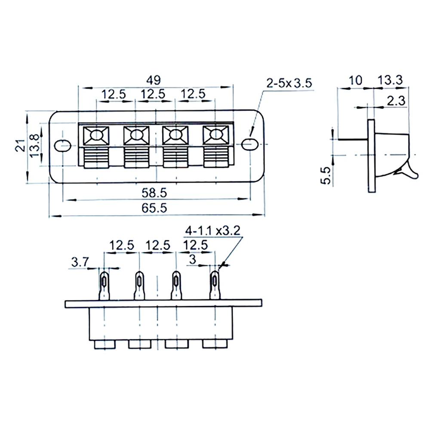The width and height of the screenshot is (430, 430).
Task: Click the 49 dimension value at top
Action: (x=154, y=80)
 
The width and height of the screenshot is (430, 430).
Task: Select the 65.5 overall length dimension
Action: (x=154, y=208)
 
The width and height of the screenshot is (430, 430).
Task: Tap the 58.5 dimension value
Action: (x=154, y=193)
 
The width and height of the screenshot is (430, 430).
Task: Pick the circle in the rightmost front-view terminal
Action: (x=214, y=136)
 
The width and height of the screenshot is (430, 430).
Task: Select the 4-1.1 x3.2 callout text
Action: (x=212, y=230)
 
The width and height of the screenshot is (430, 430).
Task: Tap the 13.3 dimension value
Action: (x=390, y=80)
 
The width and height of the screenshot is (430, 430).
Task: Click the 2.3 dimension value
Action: (x=394, y=101)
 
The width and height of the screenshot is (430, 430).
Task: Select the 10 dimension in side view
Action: (x=355, y=80)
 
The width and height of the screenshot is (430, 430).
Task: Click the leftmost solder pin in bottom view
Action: (x=104, y=286)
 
